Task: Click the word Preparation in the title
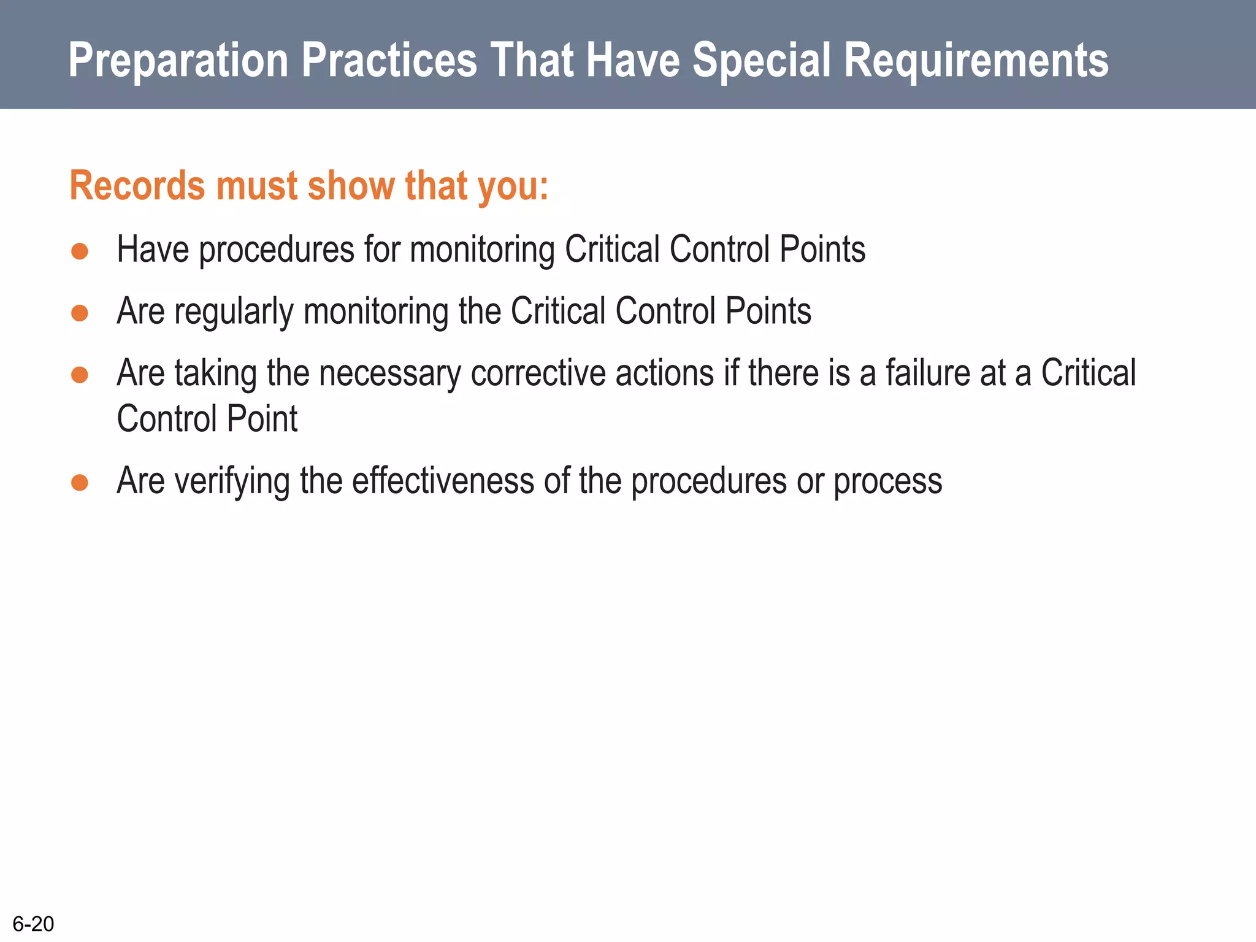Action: tap(178, 60)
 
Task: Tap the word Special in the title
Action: tap(761, 60)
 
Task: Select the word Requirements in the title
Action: tap(976, 60)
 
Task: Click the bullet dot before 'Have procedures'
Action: tap(80, 251)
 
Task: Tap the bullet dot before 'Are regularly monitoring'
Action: tap(80, 313)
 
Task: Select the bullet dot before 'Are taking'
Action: tap(80, 374)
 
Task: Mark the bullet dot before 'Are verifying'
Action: tap(80, 482)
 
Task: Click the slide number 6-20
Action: tap(33, 923)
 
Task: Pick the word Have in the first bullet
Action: tap(153, 250)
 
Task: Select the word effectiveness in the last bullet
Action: tap(443, 481)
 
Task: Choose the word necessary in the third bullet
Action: tap(389, 374)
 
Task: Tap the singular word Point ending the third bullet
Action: tap(262, 419)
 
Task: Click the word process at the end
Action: tap(887, 482)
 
